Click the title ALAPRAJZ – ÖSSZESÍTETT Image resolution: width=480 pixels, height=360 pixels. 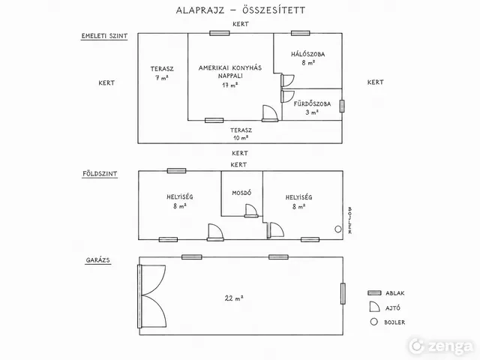click(x=241, y=10)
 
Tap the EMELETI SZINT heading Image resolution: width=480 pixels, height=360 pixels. click(x=104, y=36)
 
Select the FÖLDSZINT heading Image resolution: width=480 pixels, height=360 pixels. click(x=100, y=174)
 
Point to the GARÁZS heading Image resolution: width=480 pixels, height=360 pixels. click(x=98, y=260)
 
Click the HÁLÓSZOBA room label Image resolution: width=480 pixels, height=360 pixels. click(x=308, y=55)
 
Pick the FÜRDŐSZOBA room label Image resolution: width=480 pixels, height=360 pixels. click(x=312, y=103)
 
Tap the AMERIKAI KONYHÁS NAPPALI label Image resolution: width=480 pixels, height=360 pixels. click(x=230, y=72)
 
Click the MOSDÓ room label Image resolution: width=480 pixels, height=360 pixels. click(x=241, y=193)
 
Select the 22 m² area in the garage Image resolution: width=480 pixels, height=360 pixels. click(x=234, y=298)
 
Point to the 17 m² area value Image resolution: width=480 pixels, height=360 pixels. click(x=230, y=85)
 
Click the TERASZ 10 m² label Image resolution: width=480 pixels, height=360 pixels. click(x=241, y=134)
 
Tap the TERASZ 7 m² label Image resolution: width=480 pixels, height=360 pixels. click(x=162, y=73)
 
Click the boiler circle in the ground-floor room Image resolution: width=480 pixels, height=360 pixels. click(x=338, y=229)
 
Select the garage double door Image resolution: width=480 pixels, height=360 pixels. click(x=153, y=296)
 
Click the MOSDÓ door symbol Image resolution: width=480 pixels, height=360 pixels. click(x=251, y=211)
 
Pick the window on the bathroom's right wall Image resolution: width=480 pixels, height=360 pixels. click(x=342, y=106)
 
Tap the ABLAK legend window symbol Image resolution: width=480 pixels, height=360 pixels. click(x=374, y=293)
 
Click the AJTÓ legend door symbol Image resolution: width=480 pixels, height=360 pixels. click(x=374, y=307)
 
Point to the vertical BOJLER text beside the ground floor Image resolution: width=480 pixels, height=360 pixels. click(x=350, y=220)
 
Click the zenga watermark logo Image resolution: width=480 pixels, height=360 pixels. click(x=441, y=346)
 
